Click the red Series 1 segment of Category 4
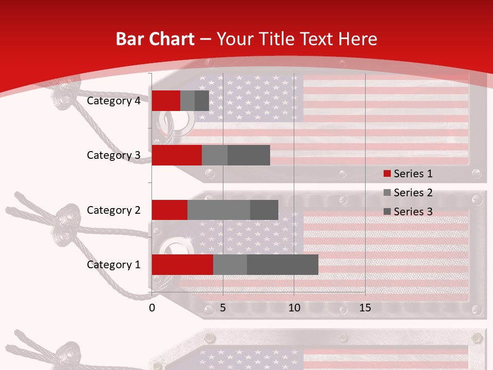point(166,101)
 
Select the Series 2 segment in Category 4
point(187,101)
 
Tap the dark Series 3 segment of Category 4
point(202,101)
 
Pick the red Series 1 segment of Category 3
point(177,155)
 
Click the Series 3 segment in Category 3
point(249,155)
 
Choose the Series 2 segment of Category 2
point(219,210)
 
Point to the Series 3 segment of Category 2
point(264,210)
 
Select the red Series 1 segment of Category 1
point(182,265)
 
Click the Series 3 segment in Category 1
point(282,265)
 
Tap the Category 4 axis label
point(113,101)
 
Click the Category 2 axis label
point(113,210)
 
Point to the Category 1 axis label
point(113,265)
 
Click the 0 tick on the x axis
point(152,308)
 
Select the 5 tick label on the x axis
point(223,308)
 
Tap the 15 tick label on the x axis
point(365,308)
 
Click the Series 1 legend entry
point(408,174)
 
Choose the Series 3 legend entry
point(408,212)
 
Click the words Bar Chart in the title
point(155,39)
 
